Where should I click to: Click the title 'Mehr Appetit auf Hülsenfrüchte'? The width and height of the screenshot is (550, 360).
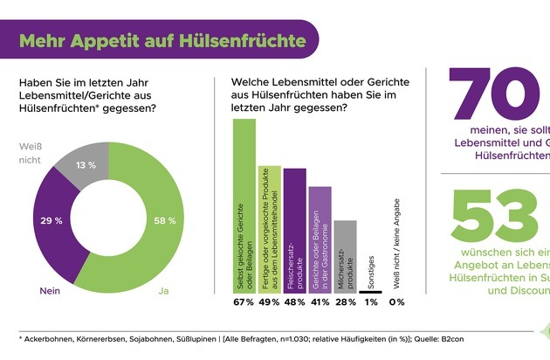pos(162,40)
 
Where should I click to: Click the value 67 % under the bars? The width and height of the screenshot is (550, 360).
pos(244,302)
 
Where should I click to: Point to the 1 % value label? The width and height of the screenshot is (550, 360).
pos(370,302)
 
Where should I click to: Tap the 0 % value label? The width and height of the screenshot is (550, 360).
pos(395,302)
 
